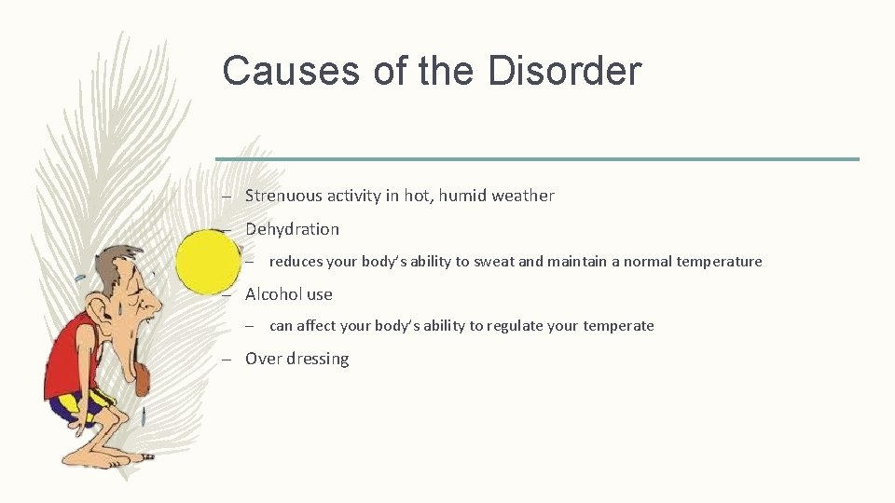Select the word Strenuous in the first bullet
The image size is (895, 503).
click(283, 196)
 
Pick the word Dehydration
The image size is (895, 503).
click(292, 229)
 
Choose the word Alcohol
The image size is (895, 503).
click(272, 294)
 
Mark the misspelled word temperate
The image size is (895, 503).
click(619, 326)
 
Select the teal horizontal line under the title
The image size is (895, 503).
click(537, 159)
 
